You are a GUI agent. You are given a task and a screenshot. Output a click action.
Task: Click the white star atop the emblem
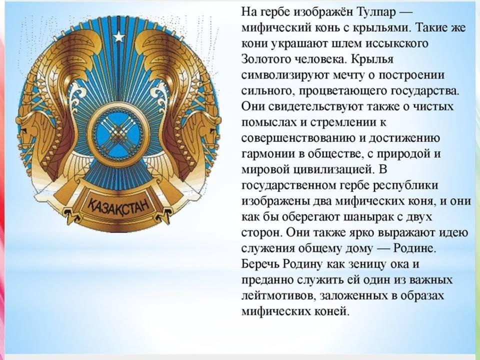click(x=119, y=37)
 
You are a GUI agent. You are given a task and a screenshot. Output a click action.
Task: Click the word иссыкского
click(x=397, y=43)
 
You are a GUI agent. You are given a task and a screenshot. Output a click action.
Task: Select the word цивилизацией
click(x=333, y=169)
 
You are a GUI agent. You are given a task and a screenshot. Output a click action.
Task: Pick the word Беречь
click(x=260, y=264)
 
